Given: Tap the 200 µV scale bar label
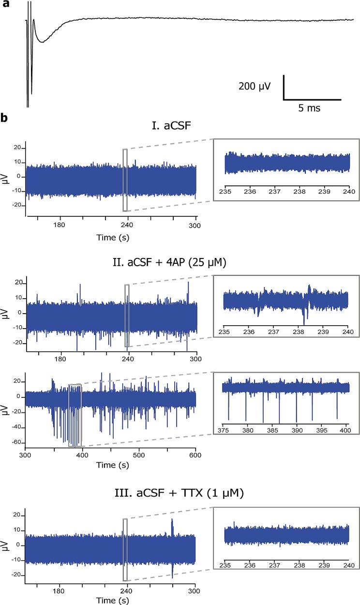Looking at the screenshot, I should click(x=255, y=87).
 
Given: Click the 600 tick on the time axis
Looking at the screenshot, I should click(x=195, y=455).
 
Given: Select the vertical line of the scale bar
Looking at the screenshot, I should click(x=284, y=88).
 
